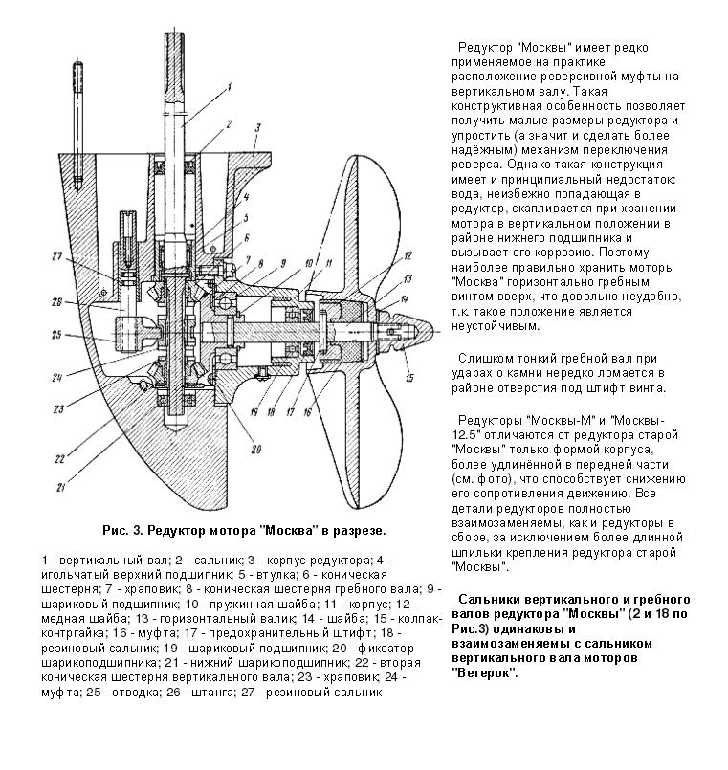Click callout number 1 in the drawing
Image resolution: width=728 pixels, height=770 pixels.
coord(230,87)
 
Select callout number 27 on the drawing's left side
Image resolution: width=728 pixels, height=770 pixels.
coord(55,256)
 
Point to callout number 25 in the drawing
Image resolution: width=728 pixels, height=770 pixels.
coord(56,335)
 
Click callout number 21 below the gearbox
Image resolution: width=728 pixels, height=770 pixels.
coord(61,489)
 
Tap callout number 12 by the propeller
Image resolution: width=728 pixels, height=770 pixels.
coord(408,254)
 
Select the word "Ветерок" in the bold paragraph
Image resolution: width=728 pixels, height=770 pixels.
coord(483,673)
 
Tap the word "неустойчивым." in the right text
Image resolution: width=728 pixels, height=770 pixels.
coord(493,325)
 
